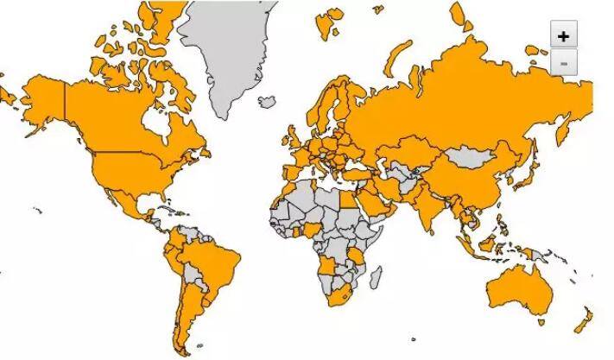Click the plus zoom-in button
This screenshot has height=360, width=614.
click(563, 35)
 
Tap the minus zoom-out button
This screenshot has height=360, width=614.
click(563, 63)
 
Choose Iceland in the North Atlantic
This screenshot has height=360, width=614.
click(269, 102)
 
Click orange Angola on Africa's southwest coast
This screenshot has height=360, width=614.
click(327, 264)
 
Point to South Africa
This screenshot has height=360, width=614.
click(338, 299)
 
